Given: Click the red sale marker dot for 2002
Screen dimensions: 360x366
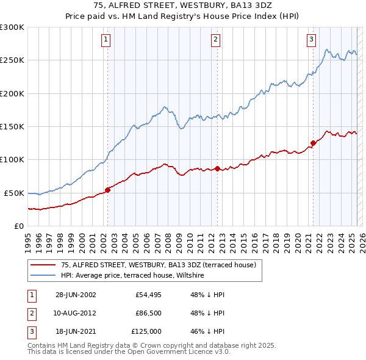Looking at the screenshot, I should click(x=107, y=190).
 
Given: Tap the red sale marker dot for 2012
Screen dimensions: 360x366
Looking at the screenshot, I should click(x=217, y=168).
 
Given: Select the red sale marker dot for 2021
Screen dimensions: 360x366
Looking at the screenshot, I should click(x=313, y=143).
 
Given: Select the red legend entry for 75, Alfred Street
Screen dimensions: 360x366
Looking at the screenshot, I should click(x=162, y=265).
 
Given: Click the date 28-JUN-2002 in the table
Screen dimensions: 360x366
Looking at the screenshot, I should click(x=76, y=295).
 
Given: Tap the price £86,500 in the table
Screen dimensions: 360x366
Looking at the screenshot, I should click(x=148, y=313).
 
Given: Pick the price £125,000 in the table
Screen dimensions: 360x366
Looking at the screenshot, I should click(x=146, y=331).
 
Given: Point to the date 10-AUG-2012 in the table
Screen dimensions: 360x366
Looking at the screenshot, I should click(x=76, y=313).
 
